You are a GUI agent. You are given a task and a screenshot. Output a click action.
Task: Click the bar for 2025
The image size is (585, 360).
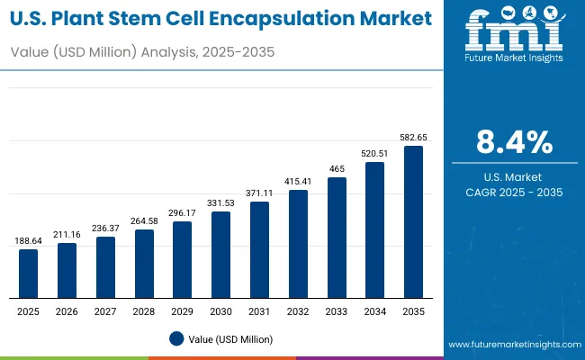(x=29, y=274)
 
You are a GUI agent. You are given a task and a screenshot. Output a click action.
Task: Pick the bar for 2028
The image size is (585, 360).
(x=144, y=264)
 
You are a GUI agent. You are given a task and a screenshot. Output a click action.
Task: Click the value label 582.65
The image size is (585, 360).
(x=413, y=137)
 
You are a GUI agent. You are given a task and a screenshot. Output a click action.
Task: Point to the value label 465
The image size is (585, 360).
(x=337, y=168)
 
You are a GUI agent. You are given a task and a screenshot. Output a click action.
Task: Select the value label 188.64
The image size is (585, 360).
(x=29, y=241)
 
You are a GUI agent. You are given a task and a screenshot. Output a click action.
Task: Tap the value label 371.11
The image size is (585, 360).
(x=259, y=193)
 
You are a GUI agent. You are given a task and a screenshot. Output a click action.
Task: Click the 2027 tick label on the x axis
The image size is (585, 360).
(x=105, y=311)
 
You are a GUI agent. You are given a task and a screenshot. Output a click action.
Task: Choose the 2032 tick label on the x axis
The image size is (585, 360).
(x=298, y=311)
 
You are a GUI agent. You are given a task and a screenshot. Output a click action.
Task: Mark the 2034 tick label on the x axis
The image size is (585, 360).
(x=374, y=311)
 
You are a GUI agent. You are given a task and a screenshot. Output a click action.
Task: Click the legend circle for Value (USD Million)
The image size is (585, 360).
(x=176, y=339)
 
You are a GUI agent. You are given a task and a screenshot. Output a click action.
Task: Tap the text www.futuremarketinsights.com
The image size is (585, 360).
(x=510, y=345)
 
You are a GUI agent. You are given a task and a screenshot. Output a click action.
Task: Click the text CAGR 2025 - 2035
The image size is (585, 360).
(x=514, y=193)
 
